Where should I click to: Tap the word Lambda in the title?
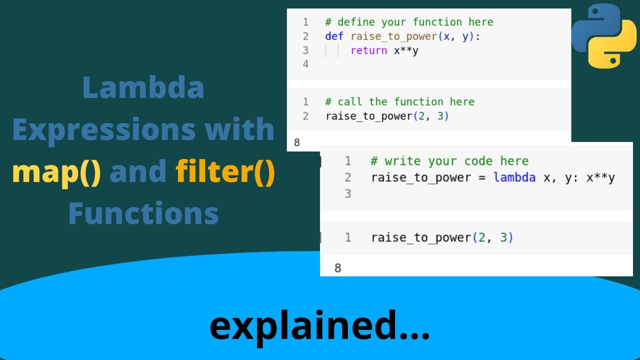tap(143, 88)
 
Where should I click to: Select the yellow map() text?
tap(56, 171)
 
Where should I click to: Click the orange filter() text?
tap(225, 171)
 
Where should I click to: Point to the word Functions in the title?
tap(143, 213)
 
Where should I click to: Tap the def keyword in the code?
tap(334, 36)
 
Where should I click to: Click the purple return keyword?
tap(368, 50)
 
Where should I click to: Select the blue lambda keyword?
tap(514, 177)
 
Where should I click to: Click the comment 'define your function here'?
tap(409, 22)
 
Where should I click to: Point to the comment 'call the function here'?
tap(399, 102)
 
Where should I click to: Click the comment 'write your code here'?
tap(449, 161)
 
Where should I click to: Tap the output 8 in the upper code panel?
tap(297, 142)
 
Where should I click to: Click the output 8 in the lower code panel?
tap(337, 268)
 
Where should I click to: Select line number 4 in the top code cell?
tap(305, 64)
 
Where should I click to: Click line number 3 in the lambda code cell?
tap(348, 193)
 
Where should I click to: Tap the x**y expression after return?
tap(405, 50)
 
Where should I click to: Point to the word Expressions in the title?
tap(143, 130)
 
